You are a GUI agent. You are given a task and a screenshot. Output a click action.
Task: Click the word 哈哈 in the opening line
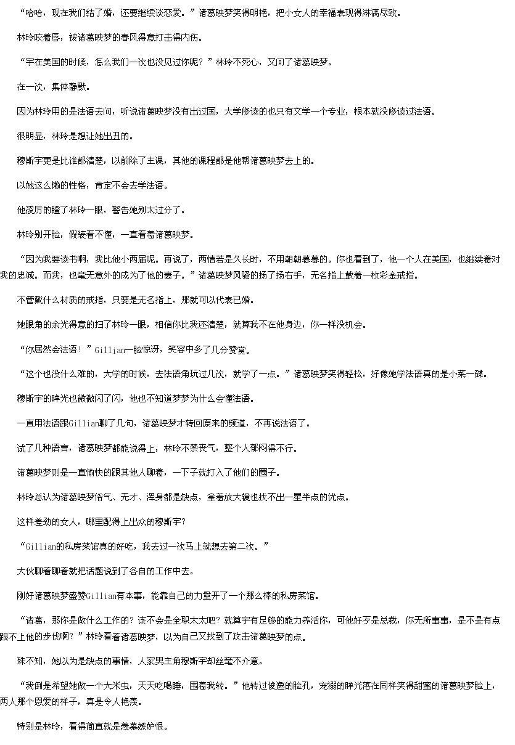(35, 13)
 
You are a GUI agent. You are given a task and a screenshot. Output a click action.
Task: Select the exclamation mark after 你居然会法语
(80, 349)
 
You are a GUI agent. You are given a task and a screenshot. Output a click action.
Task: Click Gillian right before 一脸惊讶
(110, 350)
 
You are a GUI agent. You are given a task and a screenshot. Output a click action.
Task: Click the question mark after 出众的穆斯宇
(183, 522)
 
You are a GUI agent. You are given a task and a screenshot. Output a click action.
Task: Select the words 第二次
(242, 547)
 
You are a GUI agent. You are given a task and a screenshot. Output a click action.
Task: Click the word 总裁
(389, 621)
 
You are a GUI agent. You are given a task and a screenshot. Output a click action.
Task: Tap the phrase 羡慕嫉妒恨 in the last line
(142, 727)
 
